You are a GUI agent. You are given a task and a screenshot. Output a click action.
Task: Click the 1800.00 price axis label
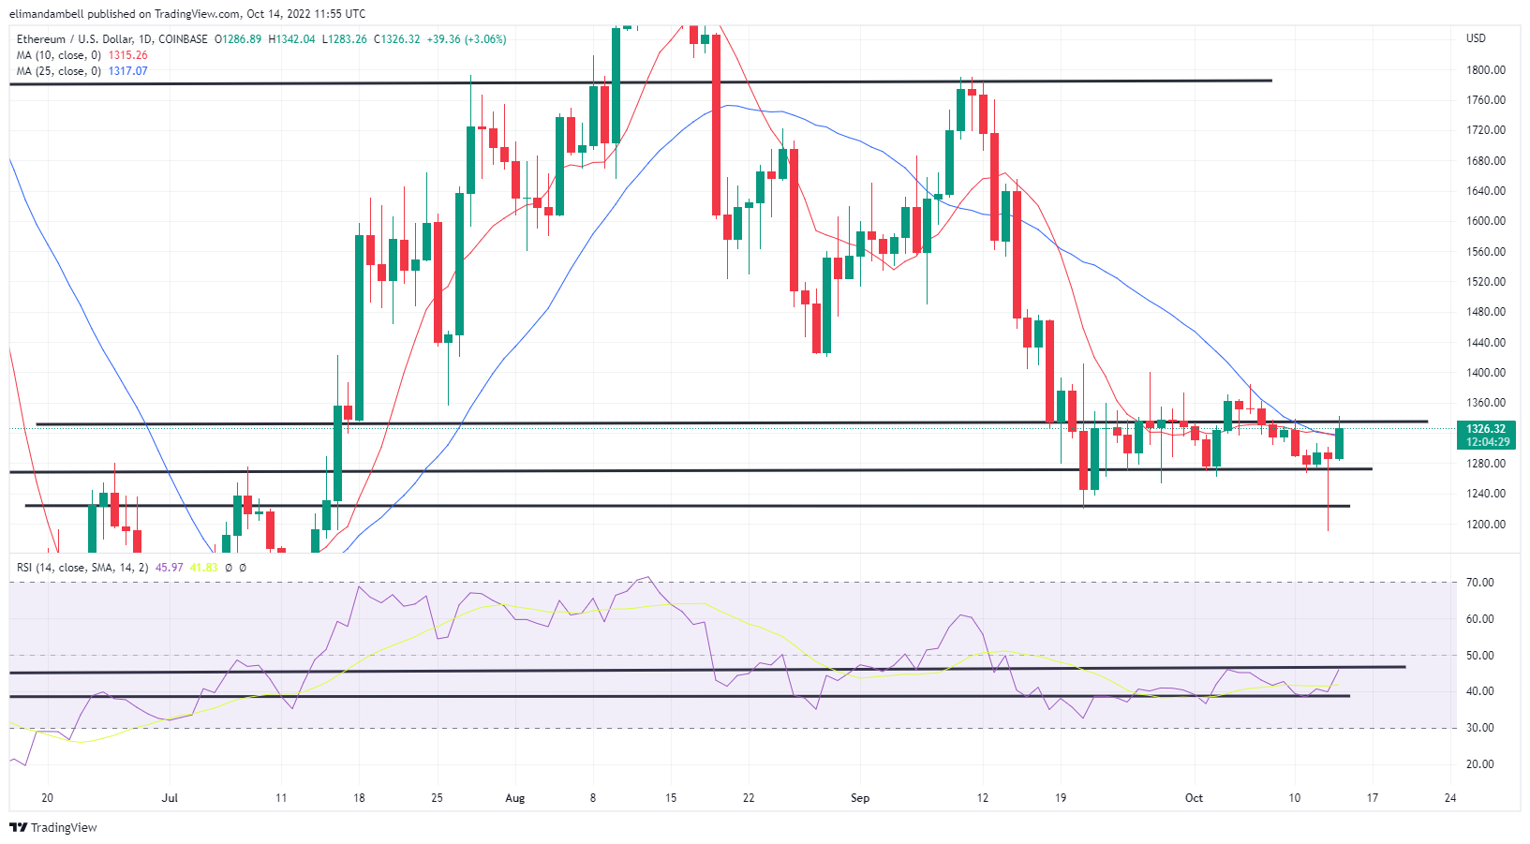[x=1485, y=69]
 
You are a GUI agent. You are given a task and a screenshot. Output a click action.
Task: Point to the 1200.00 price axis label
[x=1485, y=524]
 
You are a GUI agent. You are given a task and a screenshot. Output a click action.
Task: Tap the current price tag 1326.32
[x=1485, y=429]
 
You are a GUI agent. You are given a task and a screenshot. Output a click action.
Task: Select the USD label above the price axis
[x=1476, y=38]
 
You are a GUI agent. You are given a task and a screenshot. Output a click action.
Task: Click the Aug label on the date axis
[x=514, y=798]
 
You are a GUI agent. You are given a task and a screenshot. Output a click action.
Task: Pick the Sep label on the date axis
[x=860, y=798]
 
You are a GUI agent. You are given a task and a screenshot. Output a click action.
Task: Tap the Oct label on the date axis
[x=1194, y=798]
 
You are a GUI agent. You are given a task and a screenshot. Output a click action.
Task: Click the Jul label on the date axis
[x=170, y=798]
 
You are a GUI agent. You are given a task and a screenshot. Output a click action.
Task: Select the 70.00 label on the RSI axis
[x=1480, y=582]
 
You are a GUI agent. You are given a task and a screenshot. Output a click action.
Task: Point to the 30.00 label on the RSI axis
[x=1480, y=728]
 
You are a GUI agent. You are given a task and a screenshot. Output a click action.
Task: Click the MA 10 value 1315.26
[x=127, y=55]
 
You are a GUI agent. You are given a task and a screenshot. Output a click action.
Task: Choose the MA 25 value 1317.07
[x=127, y=71]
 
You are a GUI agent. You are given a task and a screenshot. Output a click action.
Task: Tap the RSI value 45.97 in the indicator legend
[x=169, y=568]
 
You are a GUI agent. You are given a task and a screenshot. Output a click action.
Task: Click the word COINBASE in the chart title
[x=184, y=39]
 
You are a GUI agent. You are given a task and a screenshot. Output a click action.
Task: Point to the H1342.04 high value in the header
[x=291, y=39]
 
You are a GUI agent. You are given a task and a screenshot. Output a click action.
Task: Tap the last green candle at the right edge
[x=1340, y=443]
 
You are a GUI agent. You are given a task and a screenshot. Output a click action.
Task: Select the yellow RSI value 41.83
[x=203, y=568]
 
